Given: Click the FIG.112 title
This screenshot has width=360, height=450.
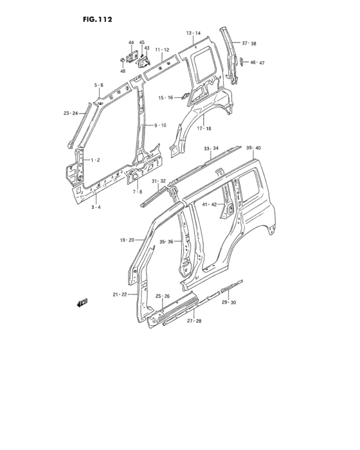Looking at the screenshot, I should point(98,19).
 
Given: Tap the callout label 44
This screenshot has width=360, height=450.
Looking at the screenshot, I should point(131,43).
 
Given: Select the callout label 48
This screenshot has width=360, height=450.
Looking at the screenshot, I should point(122,71).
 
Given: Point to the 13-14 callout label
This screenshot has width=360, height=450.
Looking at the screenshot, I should point(194,33).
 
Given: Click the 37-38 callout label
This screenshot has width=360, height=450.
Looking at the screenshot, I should point(249,44).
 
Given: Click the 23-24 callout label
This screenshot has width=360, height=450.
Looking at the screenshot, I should point(71,113).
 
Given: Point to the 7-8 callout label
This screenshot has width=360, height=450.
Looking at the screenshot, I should point(138,192).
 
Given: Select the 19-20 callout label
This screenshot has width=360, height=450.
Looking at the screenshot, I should point(126,240).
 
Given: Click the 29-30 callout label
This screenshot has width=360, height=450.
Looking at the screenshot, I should point(229,302).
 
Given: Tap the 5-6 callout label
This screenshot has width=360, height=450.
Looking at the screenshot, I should point(99,85).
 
